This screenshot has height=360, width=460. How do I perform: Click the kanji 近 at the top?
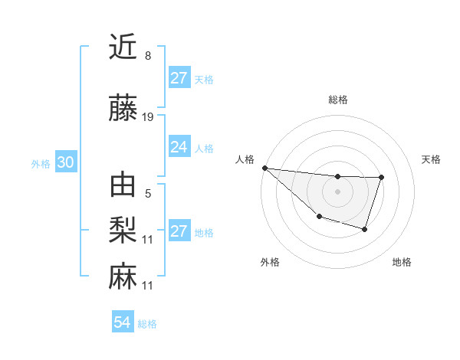tap(123, 47)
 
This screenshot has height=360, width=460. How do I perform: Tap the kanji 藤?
tap(123, 110)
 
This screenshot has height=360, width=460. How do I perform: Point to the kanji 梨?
tap(123, 229)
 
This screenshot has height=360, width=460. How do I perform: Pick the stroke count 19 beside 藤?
tap(148, 117)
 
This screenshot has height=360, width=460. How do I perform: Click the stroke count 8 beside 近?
tap(147, 56)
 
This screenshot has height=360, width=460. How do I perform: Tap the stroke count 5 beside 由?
tap(147, 194)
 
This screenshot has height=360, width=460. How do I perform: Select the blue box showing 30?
tap(65, 162)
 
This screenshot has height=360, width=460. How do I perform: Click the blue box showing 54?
tap(123, 322)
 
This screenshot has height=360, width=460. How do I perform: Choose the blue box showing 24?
tap(179, 147)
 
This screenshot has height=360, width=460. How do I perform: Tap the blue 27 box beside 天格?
tap(179, 78)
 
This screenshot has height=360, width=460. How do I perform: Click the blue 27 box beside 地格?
tap(179, 231)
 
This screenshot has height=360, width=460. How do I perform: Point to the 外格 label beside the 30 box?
tap(41, 163)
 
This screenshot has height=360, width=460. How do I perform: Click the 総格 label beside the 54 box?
tap(147, 324)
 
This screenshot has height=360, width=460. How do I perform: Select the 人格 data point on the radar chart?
tap(264, 168)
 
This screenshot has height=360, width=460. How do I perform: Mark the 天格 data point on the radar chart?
tap(381, 178)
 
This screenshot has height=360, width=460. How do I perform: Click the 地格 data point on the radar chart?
tap(365, 229)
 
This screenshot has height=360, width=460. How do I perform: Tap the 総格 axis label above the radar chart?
tap(337, 100)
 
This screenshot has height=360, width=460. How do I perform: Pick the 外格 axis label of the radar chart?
tap(270, 262)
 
